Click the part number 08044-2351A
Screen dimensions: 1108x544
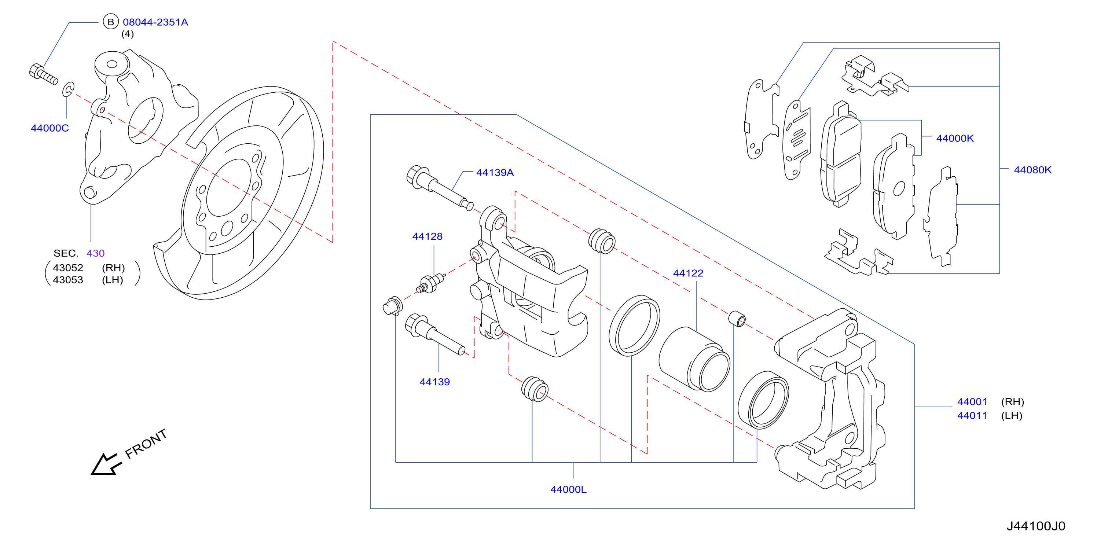155,22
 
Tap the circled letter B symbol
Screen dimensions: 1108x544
110,22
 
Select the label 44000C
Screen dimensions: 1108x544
50,128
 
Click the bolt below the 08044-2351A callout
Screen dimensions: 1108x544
43,74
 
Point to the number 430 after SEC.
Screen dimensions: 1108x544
95,253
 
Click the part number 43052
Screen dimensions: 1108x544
68,268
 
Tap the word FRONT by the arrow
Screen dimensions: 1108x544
146,444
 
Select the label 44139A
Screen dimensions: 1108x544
495,172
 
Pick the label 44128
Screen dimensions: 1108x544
427,236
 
